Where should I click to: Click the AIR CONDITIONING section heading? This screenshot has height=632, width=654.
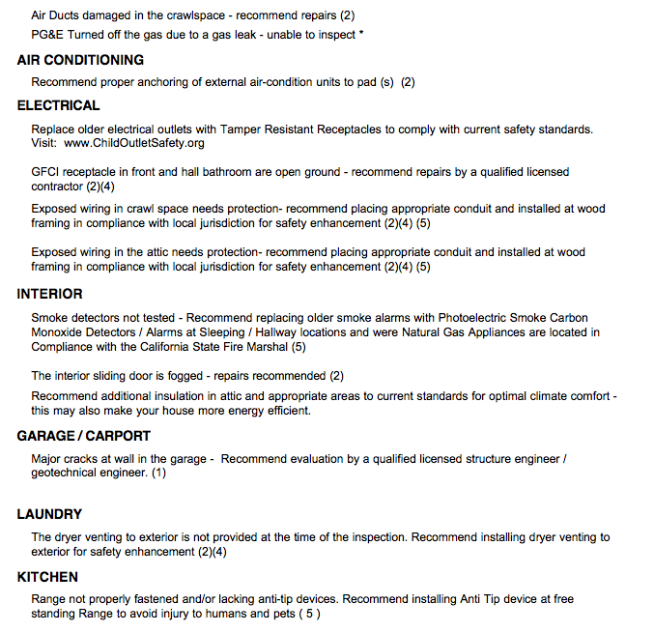click(80, 60)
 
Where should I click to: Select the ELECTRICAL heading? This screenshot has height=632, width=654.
click(58, 105)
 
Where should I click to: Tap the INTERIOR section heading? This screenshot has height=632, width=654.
click(49, 294)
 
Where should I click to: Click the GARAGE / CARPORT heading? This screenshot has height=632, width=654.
click(85, 436)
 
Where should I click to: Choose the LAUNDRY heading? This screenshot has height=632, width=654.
click(49, 514)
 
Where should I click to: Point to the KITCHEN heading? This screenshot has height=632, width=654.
click(47, 577)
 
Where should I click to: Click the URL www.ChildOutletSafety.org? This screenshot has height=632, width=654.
click(134, 143)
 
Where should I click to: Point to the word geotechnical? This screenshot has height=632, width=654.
click(66, 474)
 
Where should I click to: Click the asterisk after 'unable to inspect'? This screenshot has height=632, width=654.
click(361, 35)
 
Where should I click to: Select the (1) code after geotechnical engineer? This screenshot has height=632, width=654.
click(158, 474)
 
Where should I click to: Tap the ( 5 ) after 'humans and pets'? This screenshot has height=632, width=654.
click(308, 614)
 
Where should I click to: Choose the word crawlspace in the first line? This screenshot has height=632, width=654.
click(196, 16)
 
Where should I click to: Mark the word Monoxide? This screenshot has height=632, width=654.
click(58, 332)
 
